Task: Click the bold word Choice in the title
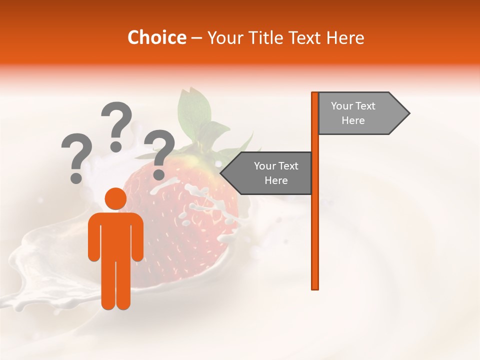pyautogui.click(x=156, y=37)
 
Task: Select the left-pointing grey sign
pyautogui.click(x=270, y=173)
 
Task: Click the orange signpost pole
pyautogui.click(x=315, y=225)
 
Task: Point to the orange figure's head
pyautogui.click(x=115, y=199)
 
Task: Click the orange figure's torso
pyautogui.click(x=115, y=235)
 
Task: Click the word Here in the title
pyautogui.click(x=345, y=37)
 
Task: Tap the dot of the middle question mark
pyautogui.click(x=116, y=146)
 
